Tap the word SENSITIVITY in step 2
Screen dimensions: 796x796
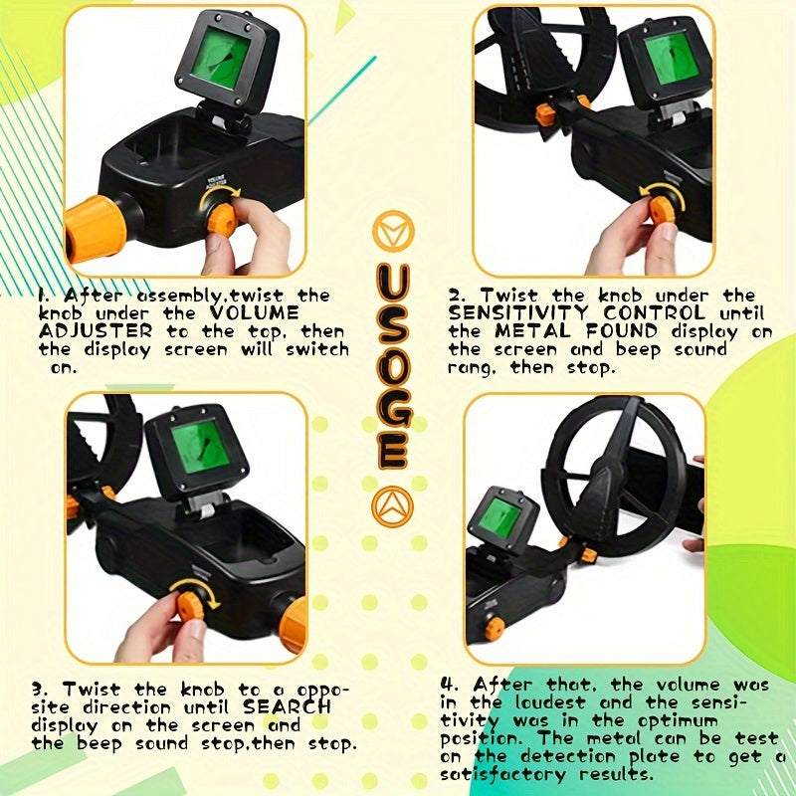click(x=507, y=313)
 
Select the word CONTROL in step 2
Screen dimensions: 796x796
click(x=658, y=313)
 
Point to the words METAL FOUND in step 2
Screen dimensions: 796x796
click(x=591, y=331)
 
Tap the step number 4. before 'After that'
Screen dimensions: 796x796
click(x=449, y=686)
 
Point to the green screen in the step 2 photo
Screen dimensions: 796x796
click(x=668, y=58)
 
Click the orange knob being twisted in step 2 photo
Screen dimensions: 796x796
click(x=661, y=210)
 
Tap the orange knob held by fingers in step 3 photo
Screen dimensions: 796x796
click(x=191, y=603)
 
